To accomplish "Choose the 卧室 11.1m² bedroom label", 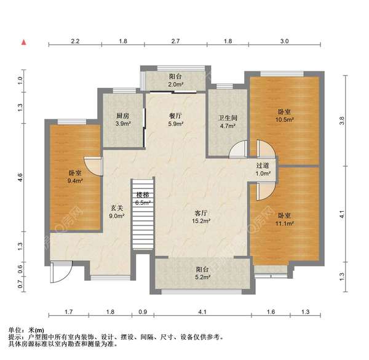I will (x=284, y=220).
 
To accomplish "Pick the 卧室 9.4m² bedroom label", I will (x=75, y=177).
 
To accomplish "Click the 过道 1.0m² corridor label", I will (x=263, y=170).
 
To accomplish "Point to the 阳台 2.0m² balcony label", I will (x=175, y=80).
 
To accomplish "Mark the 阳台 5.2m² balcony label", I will (x=202, y=273).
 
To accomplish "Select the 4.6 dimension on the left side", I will (x=20, y=177).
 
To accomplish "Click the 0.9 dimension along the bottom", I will (x=143, y=313).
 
